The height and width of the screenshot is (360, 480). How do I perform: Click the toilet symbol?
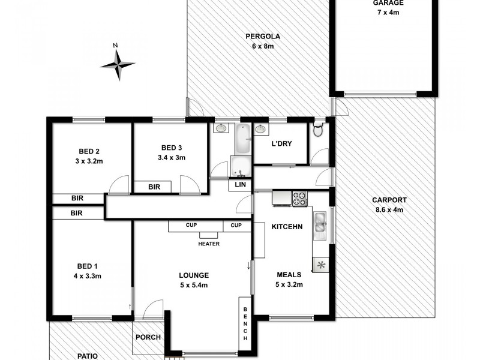click(319, 129)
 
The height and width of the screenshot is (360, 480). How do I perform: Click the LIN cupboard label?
click(241, 185)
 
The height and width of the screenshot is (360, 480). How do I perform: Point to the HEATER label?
click(209, 244)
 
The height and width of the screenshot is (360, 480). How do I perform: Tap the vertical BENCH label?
click(245, 323)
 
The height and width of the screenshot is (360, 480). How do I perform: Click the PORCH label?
click(148, 337)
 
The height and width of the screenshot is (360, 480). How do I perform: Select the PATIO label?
click(88, 355)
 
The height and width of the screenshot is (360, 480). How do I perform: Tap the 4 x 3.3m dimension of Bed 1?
click(88, 276)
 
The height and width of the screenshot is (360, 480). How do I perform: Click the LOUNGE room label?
click(193, 275)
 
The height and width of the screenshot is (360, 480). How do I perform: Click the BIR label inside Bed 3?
click(154, 187)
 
